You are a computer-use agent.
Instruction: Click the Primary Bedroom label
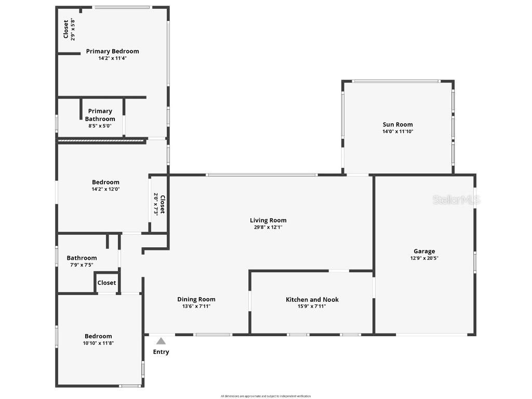(x=112, y=51)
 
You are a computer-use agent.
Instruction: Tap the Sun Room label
(x=397, y=125)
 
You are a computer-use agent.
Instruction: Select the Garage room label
(x=424, y=251)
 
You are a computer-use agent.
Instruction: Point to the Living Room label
(x=268, y=220)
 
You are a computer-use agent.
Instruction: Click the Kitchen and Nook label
(x=312, y=300)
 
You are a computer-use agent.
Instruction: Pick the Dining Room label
(x=196, y=299)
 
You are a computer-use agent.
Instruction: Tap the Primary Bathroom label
(x=100, y=115)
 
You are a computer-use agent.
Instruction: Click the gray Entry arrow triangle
(x=161, y=341)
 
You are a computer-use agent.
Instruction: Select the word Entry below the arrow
(x=161, y=352)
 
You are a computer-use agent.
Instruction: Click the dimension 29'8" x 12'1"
(x=268, y=227)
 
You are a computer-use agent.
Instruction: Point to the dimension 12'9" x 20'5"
(x=424, y=258)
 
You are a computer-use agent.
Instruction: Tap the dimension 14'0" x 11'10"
(x=397, y=131)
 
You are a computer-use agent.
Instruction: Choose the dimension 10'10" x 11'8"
(x=98, y=343)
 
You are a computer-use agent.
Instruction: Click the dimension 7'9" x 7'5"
(x=82, y=265)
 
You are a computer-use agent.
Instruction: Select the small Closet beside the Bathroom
(x=107, y=283)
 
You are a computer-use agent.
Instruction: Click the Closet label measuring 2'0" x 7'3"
(x=162, y=204)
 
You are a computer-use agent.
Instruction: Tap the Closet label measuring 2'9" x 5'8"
(x=66, y=30)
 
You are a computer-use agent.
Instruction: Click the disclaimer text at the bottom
(x=265, y=396)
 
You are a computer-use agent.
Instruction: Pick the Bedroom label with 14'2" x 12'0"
(x=105, y=182)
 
